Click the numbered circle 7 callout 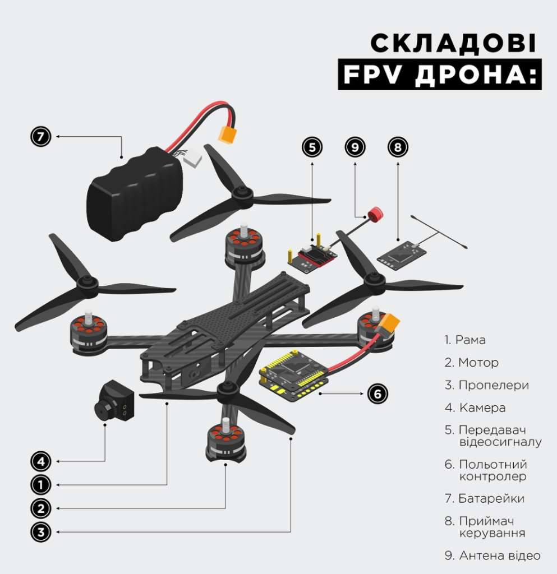tap(40, 137)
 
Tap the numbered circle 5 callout tap(312, 147)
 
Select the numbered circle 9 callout tap(355, 147)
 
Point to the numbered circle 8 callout tap(398, 147)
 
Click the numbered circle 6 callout tap(378, 394)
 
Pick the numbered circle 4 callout tap(40, 461)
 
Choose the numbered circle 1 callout tap(40, 485)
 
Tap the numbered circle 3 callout tap(40, 532)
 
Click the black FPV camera tap(114, 401)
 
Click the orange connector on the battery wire tap(227, 135)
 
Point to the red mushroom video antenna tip tap(375, 214)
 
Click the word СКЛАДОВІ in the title tap(453, 43)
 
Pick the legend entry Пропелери tap(487, 385)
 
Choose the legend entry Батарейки tap(485, 498)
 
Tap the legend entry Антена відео tap(492, 556)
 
